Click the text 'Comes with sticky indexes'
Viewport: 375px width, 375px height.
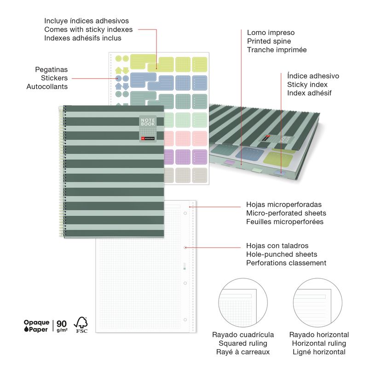88,29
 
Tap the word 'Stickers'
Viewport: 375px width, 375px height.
54,78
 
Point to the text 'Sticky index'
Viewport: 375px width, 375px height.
307,85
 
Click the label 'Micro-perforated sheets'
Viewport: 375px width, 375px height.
286,213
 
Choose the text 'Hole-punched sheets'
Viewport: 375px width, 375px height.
282,254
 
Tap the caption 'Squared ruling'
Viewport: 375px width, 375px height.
243,343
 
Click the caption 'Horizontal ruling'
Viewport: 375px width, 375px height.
319,343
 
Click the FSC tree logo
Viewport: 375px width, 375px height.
81,324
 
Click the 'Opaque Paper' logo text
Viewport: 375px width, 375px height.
36,326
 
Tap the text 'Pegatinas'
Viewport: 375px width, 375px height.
51,69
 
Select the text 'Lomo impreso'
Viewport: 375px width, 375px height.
271,33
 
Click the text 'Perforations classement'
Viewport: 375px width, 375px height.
286,263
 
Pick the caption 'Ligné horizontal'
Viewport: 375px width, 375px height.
319,352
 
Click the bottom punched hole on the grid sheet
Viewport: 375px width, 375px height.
185,319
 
